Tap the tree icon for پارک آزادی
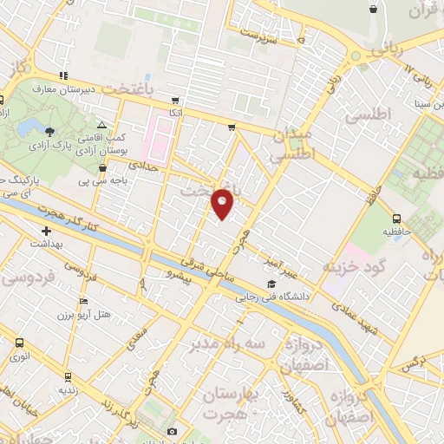point(49,132)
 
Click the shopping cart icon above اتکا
point(176,101)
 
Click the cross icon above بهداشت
point(46,231)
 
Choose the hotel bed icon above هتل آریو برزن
point(82,301)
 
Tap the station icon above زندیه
point(65,376)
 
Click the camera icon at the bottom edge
point(172,432)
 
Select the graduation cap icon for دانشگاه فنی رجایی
point(271,284)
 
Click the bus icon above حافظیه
point(397,219)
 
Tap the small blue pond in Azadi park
point(32,128)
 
